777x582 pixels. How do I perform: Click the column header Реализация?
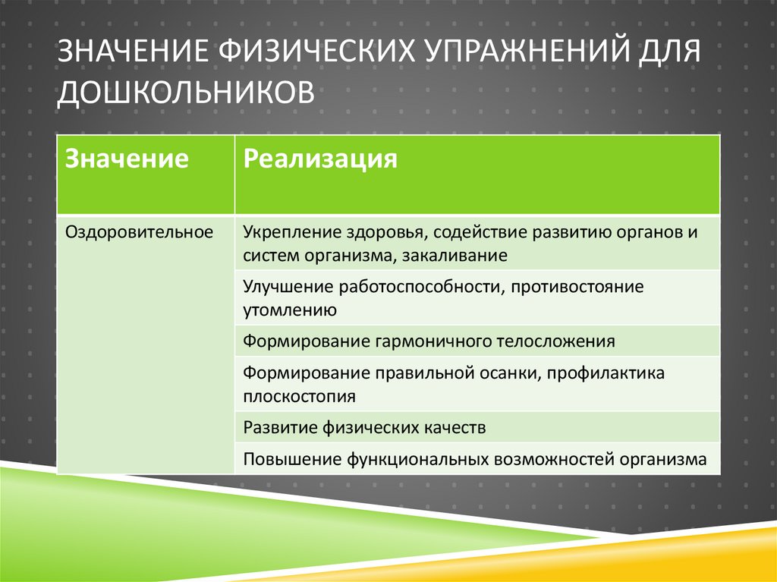point(320,159)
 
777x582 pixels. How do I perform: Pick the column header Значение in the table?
point(127,159)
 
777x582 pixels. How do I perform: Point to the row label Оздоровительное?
point(139,231)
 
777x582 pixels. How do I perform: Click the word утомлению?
point(289,310)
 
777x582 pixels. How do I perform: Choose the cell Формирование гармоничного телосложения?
point(429,341)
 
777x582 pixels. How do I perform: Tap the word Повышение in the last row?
point(292,458)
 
